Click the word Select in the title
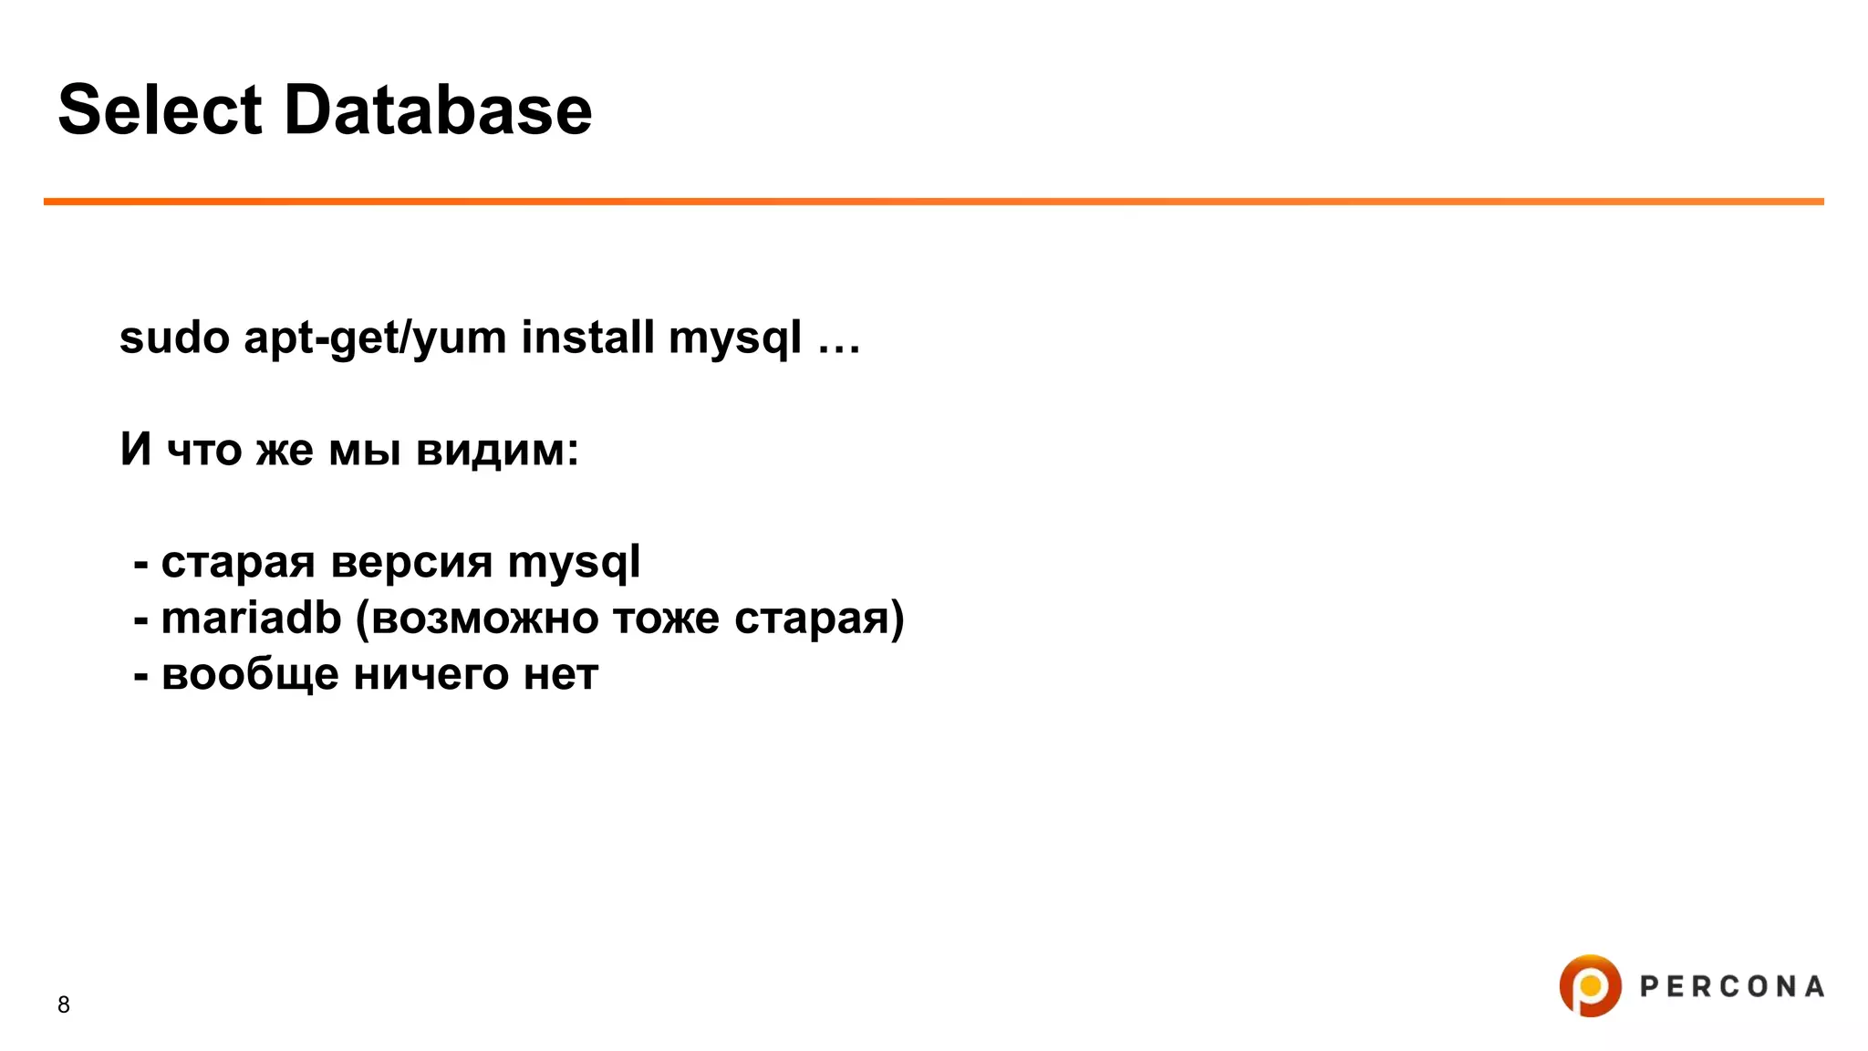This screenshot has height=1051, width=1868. (x=161, y=110)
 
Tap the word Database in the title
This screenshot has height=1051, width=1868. (x=438, y=110)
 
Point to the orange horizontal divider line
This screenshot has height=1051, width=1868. (x=934, y=201)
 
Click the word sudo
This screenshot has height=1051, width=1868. (x=174, y=338)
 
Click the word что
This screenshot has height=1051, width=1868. (x=204, y=451)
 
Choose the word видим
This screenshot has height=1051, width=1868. (x=497, y=451)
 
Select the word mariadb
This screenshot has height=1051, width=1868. (x=251, y=619)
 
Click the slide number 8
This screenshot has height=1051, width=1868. (x=64, y=1004)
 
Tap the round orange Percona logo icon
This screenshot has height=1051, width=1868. (x=1590, y=985)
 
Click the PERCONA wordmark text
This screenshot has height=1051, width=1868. (x=1732, y=986)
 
